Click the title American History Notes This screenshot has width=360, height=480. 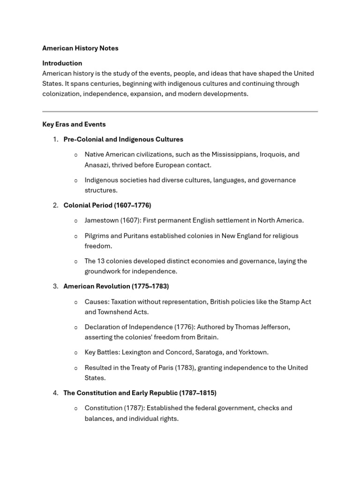click(x=80, y=48)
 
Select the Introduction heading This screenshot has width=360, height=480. click(x=62, y=63)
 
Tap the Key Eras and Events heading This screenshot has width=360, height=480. click(x=74, y=124)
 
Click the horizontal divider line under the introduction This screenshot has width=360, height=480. click(x=180, y=112)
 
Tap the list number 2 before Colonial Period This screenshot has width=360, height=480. click(x=55, y=205)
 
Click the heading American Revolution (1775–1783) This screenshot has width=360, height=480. click(x=116, y=286)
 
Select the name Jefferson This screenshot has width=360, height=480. click(x=274, y=327)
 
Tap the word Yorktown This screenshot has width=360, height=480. click(x=254, y=352)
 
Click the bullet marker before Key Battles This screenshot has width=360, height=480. click(x=76, y=352)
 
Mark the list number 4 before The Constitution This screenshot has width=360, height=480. click(x=55, y=393)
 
